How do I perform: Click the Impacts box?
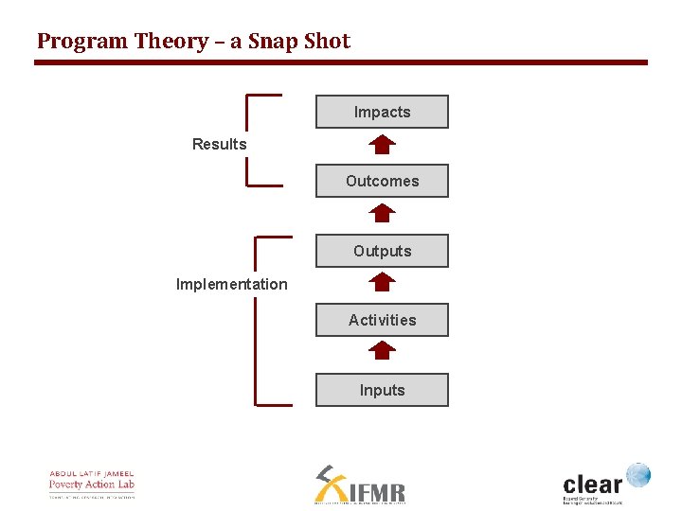[382, 112]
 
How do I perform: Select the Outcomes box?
[382, 181]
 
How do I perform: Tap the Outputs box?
[382, 251]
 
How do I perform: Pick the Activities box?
[382, 320]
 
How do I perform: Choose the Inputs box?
[382, 390]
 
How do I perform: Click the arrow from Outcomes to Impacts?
[382, 145]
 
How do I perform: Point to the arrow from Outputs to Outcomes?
[382, 214]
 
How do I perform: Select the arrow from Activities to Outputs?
[382, 282]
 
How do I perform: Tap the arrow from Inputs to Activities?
[382, 351]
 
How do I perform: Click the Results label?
[219, 144]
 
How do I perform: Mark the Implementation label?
[231, 284]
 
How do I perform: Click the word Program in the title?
[81, 42]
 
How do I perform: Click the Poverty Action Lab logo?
[92, 484]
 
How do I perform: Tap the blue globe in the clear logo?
[638, 474]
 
